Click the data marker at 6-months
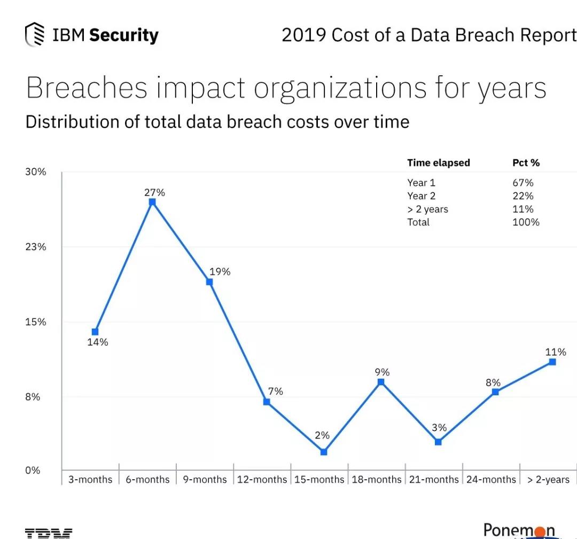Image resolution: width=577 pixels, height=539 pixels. point(152,202)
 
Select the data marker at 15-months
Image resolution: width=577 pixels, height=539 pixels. point(324,452)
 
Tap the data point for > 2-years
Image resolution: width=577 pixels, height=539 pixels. point(552,362)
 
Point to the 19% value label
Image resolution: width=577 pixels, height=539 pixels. point(220,271)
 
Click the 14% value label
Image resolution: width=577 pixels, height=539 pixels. point(98,342)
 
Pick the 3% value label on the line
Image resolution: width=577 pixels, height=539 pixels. point(439,427)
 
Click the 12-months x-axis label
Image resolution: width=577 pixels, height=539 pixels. point(262,479)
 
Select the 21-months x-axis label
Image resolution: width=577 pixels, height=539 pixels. point(434,479)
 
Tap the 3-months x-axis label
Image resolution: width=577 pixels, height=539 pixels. point(90,479)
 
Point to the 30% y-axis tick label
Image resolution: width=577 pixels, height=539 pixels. point(35,171)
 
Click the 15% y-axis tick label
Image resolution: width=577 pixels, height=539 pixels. point(35,322)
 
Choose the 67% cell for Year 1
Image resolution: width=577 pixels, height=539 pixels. point(523,183)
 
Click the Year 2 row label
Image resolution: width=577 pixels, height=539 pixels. point(421,196)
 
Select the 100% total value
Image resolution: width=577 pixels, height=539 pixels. point(526,222)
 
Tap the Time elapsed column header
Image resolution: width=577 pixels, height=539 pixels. point(438,163)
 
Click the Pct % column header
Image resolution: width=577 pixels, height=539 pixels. point(526,163)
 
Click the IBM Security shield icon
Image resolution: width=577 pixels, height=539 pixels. point(35,35)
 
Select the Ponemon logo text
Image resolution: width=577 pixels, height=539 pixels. point(519,530)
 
